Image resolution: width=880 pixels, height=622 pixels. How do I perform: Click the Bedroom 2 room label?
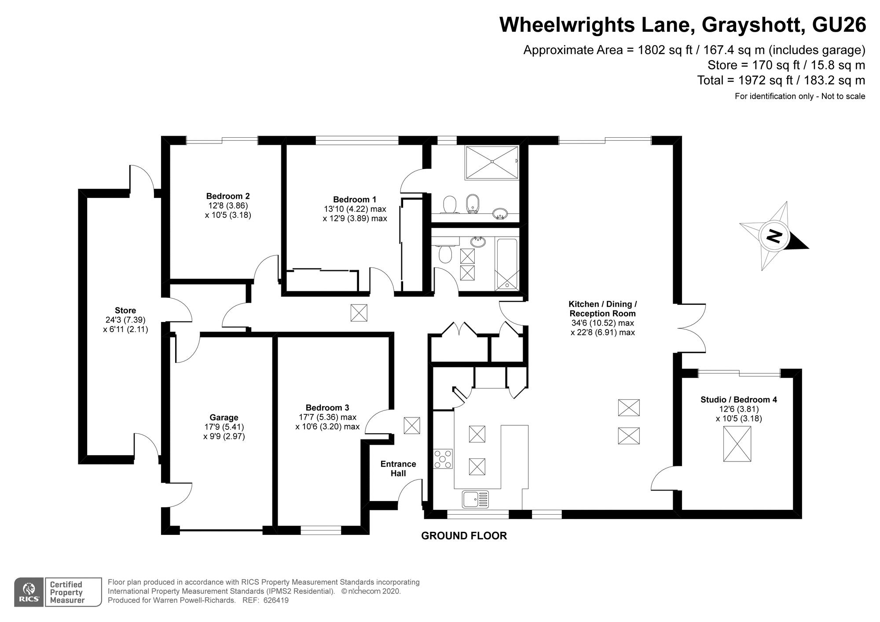click(x=228, y=196)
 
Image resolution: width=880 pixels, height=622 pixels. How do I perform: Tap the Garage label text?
click(x=224, y=417)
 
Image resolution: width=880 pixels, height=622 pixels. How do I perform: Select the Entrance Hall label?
click(x=398, y=468)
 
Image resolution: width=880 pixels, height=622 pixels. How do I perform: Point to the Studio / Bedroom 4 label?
click(x=739, y=400)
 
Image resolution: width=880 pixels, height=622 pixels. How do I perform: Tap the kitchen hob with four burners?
click(x=443, y=459)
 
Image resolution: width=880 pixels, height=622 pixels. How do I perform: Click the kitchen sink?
click(x=475, y=499)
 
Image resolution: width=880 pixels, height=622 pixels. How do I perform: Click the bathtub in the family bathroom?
click(x=507, y=264)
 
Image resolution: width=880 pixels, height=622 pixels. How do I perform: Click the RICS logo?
click(x=29, y=592)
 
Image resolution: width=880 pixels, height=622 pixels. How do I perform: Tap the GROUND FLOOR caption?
click(x=464, y=536)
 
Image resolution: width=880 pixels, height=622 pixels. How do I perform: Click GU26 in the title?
click(x=839, y=25)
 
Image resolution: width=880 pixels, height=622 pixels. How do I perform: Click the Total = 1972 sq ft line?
click(x=781, y=80)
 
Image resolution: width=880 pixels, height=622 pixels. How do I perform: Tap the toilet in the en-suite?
click(x=449, y=205)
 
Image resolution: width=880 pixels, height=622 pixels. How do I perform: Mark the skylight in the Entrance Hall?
click(x=412, y=425)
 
